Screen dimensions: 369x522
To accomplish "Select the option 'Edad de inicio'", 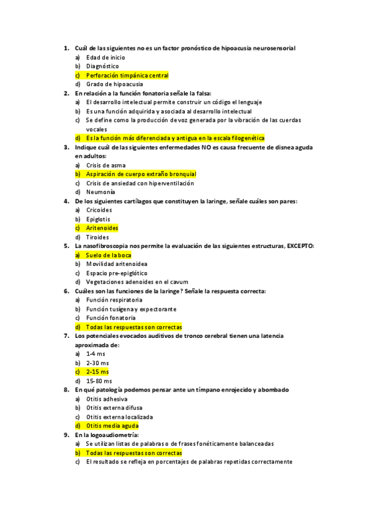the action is point(105,57).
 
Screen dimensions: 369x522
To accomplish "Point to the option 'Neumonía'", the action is point(100,192).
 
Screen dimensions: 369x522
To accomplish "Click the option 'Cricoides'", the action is point(99,210).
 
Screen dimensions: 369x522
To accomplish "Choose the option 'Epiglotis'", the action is point(98,219).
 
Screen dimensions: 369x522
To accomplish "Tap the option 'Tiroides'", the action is point(97,237).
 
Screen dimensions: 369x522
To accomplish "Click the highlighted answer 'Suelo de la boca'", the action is point(108,255).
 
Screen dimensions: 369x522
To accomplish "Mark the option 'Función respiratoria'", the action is point(110,300).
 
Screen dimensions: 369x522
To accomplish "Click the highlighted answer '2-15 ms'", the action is point(97,372).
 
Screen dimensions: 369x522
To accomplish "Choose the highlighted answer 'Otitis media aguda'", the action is point(112,425).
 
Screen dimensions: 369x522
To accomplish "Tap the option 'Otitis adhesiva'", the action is point(107,399).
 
